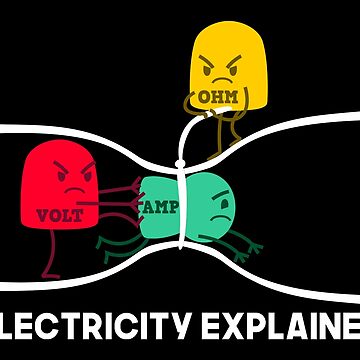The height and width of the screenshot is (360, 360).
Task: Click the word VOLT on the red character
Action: click(52, 214)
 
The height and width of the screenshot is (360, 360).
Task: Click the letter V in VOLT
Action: click(39, 214)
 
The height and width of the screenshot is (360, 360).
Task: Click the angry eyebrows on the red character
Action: click(72, 169)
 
